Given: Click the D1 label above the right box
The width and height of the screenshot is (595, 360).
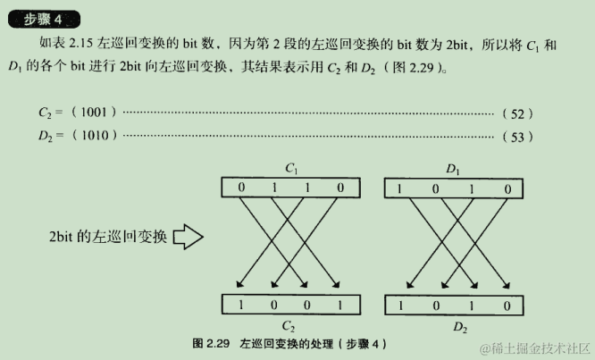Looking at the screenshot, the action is click(452, 168).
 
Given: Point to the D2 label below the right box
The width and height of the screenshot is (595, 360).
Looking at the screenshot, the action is click(460, 327).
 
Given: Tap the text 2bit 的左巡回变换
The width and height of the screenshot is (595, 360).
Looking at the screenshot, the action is click(107, 238).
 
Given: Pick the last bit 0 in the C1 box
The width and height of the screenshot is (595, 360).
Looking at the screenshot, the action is click(339, 188).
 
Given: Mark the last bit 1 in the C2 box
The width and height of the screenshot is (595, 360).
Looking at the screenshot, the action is click(339, 305).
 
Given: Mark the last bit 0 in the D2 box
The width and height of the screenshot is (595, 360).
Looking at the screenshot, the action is click(507, 305).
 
